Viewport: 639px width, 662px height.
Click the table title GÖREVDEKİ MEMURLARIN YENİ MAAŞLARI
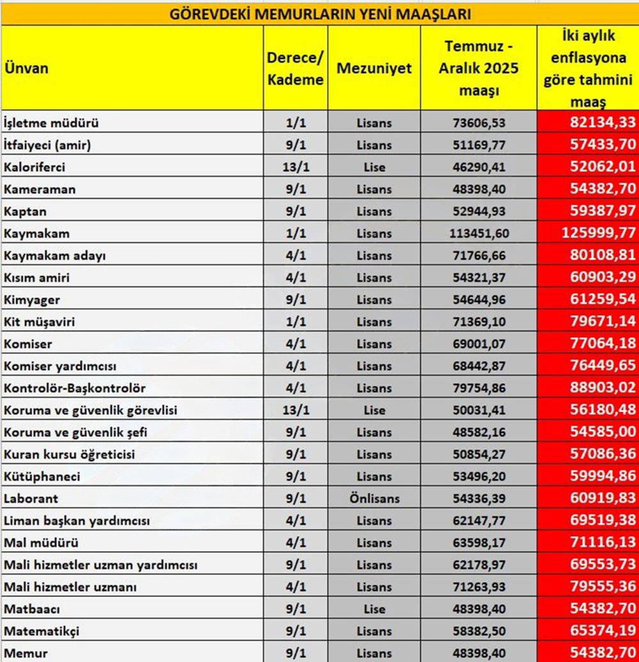(x=319, y=13)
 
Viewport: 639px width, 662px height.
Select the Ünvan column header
(x=26, y=68)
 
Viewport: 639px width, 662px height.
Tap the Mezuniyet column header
(x=374, y=68)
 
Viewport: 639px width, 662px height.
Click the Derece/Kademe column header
(x=295, y=68)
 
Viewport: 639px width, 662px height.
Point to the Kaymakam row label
(x=36, y=233)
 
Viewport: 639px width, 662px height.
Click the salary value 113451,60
(x=479, y=233)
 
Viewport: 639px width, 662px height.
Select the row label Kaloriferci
(x=35, y=167)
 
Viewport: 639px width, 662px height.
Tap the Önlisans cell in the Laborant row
(x=374, y=499)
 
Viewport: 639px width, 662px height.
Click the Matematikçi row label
(x=42, y=631)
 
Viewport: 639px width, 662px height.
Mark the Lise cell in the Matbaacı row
(x=374, y=610)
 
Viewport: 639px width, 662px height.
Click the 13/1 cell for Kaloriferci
(x=295, y=167)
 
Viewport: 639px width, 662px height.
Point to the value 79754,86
(x=479, y=388)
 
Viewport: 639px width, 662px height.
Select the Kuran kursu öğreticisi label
(x=69, y=455)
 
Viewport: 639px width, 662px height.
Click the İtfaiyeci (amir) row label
(x=47, y=145)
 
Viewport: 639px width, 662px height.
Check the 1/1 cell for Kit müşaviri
(x=295, y=322)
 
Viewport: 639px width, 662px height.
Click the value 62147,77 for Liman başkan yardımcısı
(x=479, y=521)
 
